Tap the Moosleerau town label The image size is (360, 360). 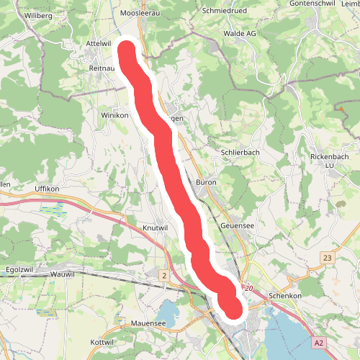140,13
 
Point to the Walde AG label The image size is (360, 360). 240,33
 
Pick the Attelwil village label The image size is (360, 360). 99,44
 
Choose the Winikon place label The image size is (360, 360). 114,115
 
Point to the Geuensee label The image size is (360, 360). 238,225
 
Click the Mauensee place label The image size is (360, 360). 149,325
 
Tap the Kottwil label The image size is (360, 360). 103,341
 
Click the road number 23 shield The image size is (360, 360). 328,258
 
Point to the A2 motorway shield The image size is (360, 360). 320,343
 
